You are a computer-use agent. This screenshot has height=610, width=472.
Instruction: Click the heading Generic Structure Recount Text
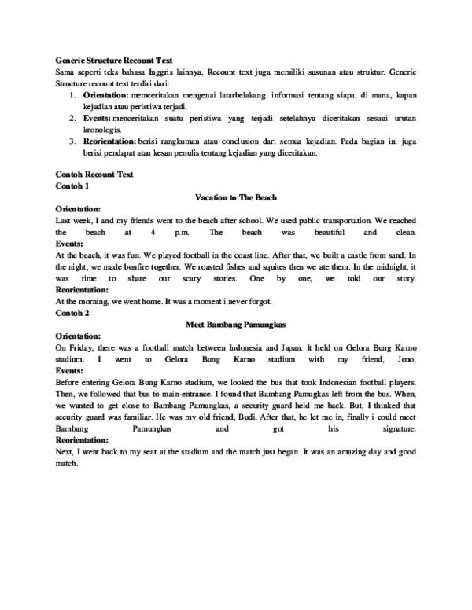coord(114,60)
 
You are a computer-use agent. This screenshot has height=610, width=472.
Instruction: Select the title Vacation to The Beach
coord(236,198)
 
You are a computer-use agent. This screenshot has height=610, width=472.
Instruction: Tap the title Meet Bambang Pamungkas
coord(236,323)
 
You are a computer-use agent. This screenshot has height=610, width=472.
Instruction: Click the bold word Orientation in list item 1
coord(106,95)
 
